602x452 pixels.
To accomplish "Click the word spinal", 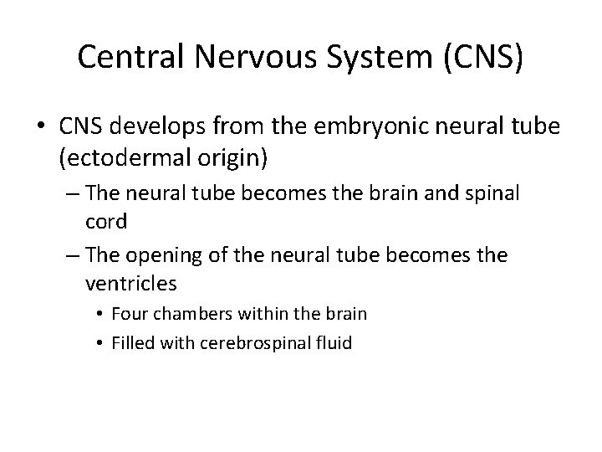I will (x=492, y=194).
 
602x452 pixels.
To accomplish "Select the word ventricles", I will (x=130, y=283).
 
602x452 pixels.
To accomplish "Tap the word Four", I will (x=128, y=315).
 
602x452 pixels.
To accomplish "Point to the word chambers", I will (x=189, y=315).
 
